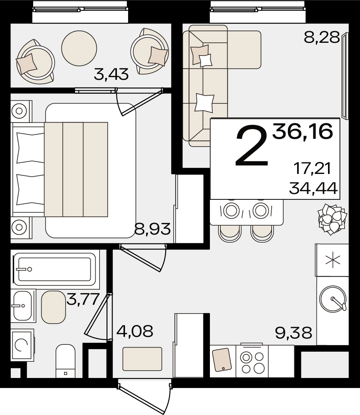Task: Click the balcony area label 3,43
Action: coord(111,74)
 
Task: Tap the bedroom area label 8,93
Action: coord(152,229)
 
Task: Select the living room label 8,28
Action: coord(322,37)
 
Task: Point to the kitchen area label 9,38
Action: coord(294,333)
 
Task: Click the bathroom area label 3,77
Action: coord(83,299)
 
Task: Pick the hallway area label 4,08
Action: coord(135,331)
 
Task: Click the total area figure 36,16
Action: coord(303,132)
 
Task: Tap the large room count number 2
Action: coord(252,146)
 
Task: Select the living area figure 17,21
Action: coord(313,168)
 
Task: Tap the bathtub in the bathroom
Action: coord(55,269)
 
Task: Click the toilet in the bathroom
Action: coord(65,361)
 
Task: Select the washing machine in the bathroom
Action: coord(22,345)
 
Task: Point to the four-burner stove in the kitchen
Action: coord(252,361)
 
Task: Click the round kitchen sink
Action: coord(333,299)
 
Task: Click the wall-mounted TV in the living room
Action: coord(345,76)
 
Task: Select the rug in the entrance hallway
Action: coord(142,359)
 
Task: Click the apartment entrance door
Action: coord(145,396)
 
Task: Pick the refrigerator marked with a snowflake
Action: coord(332,260)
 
